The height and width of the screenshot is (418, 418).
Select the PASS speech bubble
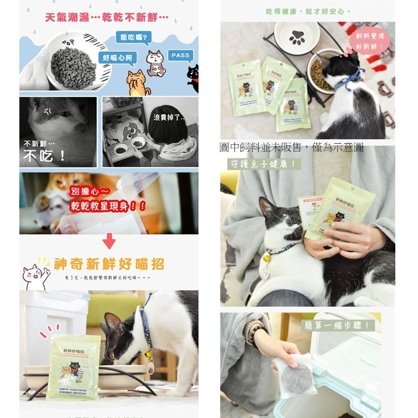(180, 55)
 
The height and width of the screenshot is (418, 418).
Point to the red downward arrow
(109, 241)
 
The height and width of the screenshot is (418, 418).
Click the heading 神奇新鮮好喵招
(108, 263)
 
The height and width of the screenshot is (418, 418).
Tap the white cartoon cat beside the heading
(36, 274)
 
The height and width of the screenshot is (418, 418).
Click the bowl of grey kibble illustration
(74, 64)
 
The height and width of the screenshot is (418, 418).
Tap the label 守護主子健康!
(264, 164)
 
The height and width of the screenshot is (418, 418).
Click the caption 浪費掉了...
(169, 118)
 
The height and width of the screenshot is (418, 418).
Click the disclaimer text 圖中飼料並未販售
(291, 147)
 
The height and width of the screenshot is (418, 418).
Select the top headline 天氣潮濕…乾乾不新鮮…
(107, 18)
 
